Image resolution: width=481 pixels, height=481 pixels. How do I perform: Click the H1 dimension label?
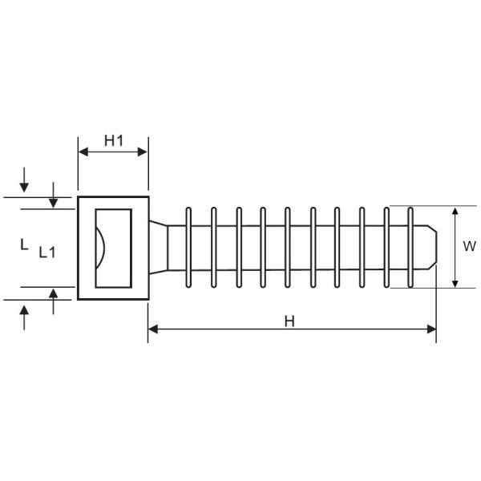(113, 141)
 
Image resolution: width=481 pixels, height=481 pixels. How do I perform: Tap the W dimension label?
(469, 247)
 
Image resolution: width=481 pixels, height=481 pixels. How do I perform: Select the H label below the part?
(289, 321)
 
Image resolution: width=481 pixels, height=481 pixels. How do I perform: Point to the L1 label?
(47, 252)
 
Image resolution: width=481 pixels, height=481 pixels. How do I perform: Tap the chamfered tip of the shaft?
(430, 248)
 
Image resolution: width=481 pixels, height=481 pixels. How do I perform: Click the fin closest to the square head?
(188, 248)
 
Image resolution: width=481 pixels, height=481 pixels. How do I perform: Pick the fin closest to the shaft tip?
(410, 248)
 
